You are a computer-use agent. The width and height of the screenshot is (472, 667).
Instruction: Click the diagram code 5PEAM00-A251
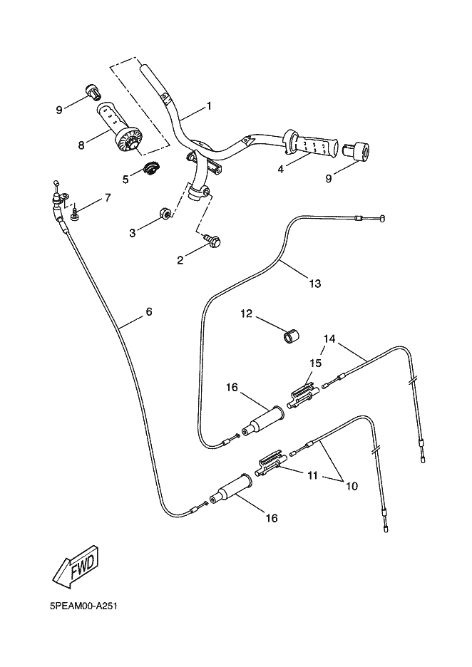pos(83,607)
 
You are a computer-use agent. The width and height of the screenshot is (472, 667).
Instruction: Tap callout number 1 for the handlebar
pos(209,106)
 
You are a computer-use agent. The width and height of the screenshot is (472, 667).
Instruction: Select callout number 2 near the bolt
pos(180,261)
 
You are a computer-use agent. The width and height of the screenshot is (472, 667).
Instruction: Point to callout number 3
pos(132,233)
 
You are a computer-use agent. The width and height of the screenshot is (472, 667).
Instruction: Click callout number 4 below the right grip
pos(280,170)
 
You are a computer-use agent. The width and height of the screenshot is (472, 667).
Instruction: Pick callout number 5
pos(125,179)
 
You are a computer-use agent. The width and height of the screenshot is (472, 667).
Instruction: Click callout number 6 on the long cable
pos(149,312)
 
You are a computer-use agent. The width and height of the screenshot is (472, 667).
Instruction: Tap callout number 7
pos(108,197)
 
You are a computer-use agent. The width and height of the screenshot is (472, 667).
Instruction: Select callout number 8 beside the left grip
pos(81,145)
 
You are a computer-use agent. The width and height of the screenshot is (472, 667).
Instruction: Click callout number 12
pos(246,314)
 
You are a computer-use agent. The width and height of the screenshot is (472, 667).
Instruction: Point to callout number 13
pos(314,284)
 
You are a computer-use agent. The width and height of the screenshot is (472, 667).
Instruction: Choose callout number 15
pos(316,363)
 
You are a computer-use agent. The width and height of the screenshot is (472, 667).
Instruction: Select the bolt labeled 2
pos(212,242)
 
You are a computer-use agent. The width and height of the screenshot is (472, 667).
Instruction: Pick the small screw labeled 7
pos(75,211)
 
